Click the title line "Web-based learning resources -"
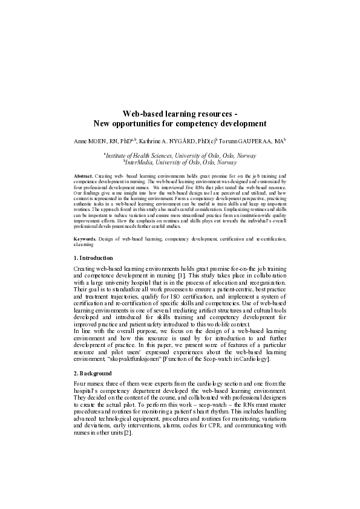[180, 114]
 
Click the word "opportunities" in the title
[140, 124]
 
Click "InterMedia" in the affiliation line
[140, 162]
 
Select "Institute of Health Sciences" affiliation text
[143, 155]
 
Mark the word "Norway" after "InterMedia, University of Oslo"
[227, 162]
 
